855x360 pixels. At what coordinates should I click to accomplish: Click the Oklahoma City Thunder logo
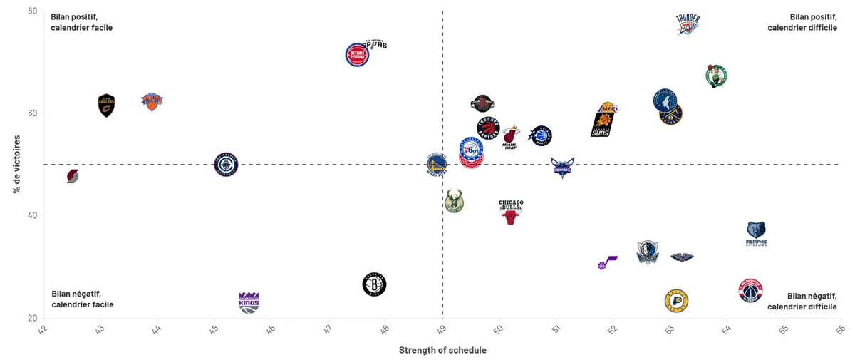coord(688,24)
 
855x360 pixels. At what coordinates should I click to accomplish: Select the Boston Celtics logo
coord(715,76)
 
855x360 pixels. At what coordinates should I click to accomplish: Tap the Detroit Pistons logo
coord(357,55)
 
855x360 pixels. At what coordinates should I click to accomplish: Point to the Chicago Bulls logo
coord(511,212)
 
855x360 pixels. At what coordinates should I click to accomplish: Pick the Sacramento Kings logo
coord(249,302)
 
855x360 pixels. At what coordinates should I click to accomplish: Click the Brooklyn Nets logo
coord(374,284)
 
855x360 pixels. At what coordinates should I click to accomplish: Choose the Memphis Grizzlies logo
coord(756,233)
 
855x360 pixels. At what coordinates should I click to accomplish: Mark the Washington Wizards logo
coord(750,290)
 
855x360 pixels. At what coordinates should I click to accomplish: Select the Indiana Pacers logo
coord(676,300)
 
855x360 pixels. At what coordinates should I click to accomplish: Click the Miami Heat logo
coord(510,137)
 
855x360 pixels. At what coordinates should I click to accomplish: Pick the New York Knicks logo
coord(152,102)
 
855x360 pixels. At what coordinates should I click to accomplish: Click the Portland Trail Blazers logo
coord(73,176)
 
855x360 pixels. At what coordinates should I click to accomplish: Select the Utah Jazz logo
coord(607,263)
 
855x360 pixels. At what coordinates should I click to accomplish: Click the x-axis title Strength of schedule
coord(442,350)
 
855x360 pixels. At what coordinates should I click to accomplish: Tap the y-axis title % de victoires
coord(16,165)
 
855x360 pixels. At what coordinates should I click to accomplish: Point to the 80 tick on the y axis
coord(33,11)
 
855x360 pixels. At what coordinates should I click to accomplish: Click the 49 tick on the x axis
coord(442,329)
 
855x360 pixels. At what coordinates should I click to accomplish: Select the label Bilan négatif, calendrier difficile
coord(802,301)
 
